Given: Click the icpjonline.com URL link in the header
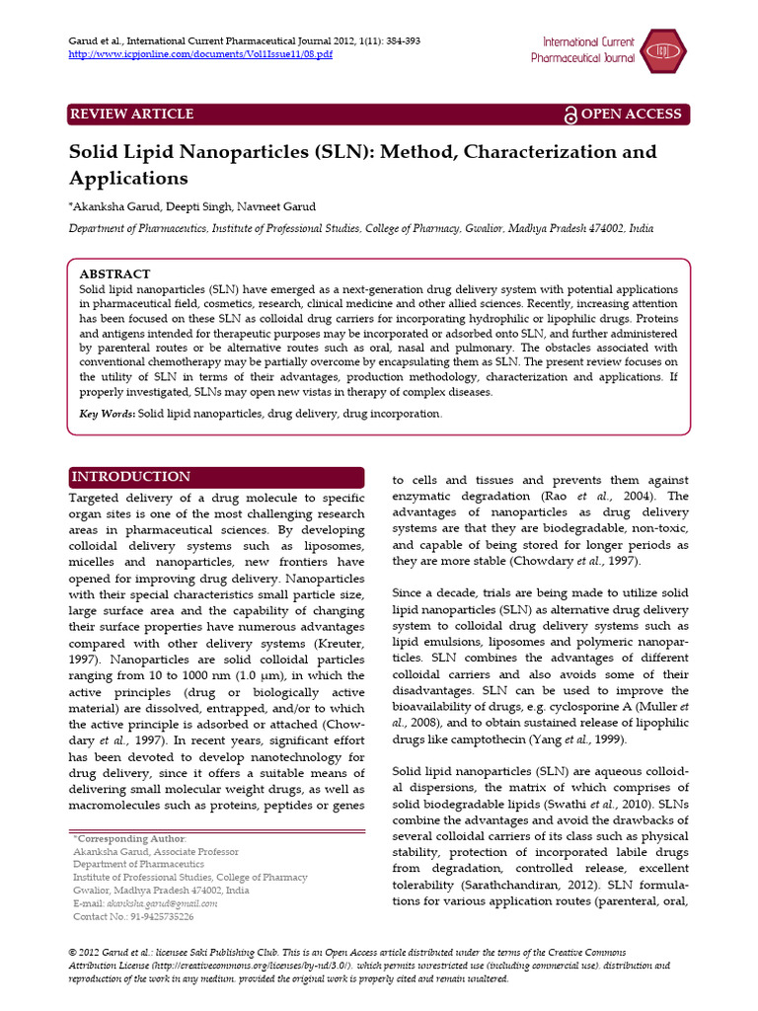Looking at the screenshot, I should [x=200, y=54].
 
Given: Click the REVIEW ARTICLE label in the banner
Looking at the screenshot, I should [x=131, y=115].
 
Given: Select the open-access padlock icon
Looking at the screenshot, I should [x=569, y=116].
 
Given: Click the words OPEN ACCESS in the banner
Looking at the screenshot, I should [x=632, y=115].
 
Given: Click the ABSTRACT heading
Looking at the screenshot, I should [x=114, y=273].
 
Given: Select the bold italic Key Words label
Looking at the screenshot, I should [x=107, y=414].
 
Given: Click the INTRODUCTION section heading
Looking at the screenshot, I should [x=131, y=477].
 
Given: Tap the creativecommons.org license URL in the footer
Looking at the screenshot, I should [x=248, y=965].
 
